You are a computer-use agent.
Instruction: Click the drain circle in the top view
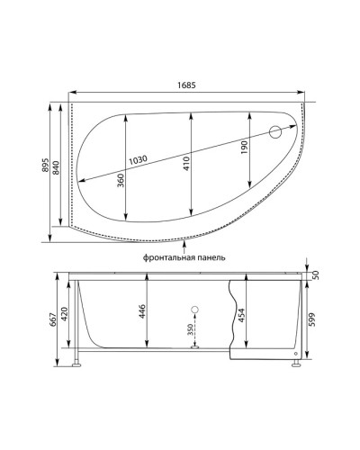(277, 132)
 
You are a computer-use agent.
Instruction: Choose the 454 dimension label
(242, 315)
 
